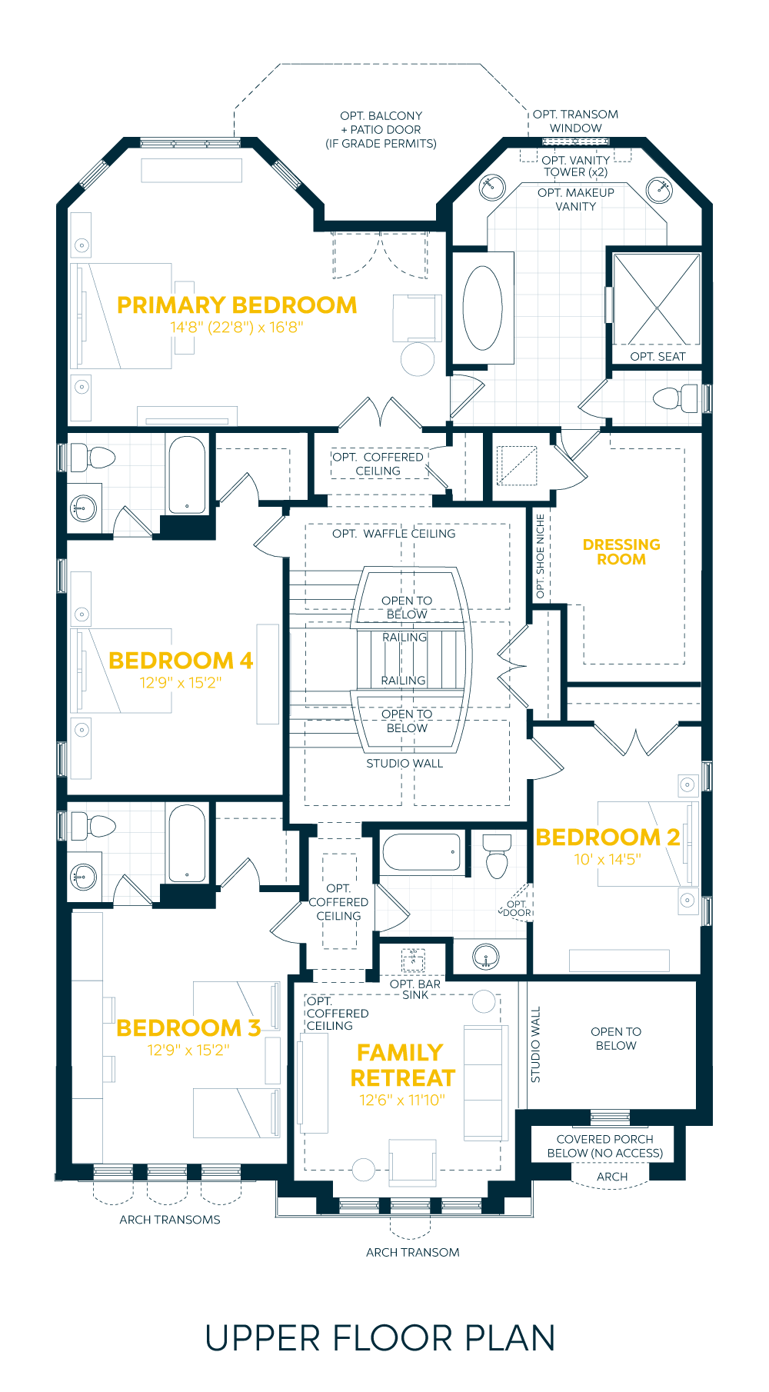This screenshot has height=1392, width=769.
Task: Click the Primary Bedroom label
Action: pyautogui.click(x=237, y=305)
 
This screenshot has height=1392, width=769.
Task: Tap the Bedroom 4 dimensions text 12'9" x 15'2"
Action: pyautogui.click(x=181, y=683)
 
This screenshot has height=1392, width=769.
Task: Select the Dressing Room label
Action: pyautogui.click(x=621, y=551)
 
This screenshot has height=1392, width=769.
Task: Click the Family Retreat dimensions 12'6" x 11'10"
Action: pyautogui.click(x=402, y=1101)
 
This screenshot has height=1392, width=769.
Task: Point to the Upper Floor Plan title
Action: pyautogui.click(x=380, y=1339)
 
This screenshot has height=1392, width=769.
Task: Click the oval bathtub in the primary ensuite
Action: pyautogui.click(x=483, y=308)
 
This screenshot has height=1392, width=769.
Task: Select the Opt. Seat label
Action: pyautogui.click(x=657, y=357)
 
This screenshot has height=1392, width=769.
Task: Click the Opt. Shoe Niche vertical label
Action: pyautogui.click(x=540, y=556)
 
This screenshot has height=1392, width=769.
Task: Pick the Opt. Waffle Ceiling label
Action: pyautogui.click(x=394, y=534)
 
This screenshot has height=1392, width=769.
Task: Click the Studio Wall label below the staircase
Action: pyautogui.click(x=404, y=764)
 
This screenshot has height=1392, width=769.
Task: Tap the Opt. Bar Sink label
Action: pyautogui.click(x=415, y=989)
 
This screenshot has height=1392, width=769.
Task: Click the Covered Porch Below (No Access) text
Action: pyautogui.click(x=605, y=1146)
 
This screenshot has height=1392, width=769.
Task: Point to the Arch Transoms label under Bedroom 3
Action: pyautogui.click(x=170, y=1220)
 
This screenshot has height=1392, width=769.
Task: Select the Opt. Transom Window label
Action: pyautogui.click(x=575, y=122)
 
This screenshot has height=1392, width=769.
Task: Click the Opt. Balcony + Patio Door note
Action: pyautogui.click(x=381, y=129)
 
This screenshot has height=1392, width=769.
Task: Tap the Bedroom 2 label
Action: pyautogui.click(x=608, y=838)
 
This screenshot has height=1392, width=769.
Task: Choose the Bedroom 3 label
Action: pyautogui.click(x=188, y=1028)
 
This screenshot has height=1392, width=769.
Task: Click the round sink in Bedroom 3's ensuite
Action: pyautogui.click(x=84, y=876)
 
